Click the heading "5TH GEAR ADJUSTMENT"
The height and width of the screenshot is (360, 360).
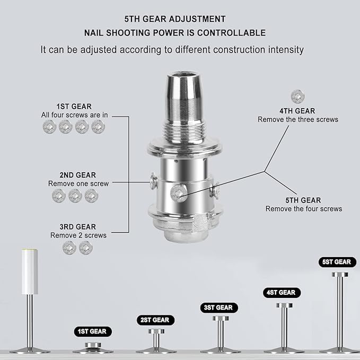(x=174, y=19)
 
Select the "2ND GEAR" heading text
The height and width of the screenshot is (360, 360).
(x=78, y=174)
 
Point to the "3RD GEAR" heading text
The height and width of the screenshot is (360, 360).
(x=78, y=226)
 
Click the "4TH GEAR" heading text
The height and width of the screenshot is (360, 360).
(x=297, y=111)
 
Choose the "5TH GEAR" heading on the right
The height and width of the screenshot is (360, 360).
(x=303, y=200)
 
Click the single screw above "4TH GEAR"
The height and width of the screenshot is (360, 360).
(x=297, y=96)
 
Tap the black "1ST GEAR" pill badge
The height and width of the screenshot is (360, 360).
(x=93, y=331)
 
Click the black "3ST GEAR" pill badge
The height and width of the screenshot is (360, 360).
(x=219, y=308)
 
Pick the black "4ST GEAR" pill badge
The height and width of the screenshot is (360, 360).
(x=282, y=292)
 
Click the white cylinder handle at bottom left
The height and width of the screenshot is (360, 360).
(x=29, y=271)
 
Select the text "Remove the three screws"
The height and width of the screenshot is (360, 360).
(x=297, y=120)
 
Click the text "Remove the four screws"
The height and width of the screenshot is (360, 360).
(x=303, y=209)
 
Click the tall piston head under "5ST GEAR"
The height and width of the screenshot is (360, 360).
(x=339, y=275)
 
